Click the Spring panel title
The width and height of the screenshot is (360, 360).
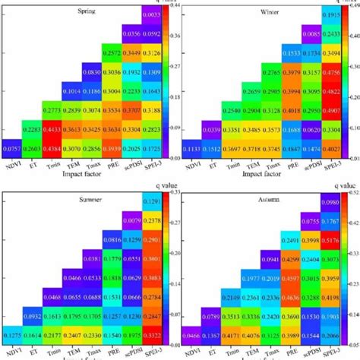click(x=87, y=11)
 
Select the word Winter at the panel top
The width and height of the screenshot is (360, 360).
click(x=264, y=11)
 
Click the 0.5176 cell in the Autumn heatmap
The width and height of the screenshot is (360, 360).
click(x=330, y=239)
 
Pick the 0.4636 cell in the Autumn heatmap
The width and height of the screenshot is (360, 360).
click(x=330, y=277)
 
